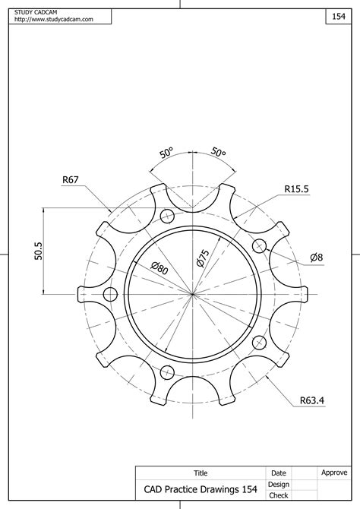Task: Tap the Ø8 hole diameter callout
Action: pos(316,258)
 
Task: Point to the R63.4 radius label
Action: pos(311,400)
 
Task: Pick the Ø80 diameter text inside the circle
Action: pos(159,267)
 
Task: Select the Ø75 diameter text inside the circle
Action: pos(203,258)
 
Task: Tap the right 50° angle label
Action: pos(218,152)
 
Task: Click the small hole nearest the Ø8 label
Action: pos(259,245)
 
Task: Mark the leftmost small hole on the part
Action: pos(110,294)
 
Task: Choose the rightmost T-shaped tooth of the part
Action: pos(303,292)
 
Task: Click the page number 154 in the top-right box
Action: pos(338,16)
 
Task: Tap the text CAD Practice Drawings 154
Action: pos(195,489)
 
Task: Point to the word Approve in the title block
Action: pos(334,473)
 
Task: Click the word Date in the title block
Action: pos(278,473)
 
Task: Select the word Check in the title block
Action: pos(278,496)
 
